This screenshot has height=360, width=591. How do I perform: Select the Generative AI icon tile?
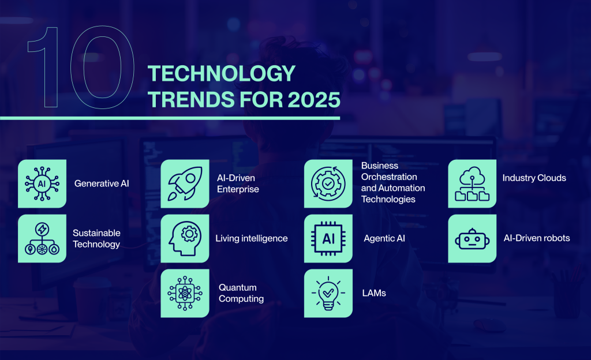point(42,183)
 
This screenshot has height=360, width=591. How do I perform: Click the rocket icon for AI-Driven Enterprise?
point(185,183)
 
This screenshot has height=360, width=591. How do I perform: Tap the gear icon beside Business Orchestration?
point(328,183)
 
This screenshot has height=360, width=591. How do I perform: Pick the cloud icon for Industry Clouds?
point(472,183)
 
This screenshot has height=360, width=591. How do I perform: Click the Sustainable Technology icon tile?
point(42,238)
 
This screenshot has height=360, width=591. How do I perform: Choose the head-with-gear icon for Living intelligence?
point(185,238)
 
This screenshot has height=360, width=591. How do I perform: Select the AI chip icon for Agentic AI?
point(328,238)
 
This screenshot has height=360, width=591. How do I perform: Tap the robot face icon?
point(472,238)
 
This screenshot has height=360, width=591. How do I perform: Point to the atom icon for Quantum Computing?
point(185,293)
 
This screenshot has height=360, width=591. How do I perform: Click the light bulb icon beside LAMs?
point(328,293)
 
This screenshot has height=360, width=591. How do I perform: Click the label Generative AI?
point(102,183)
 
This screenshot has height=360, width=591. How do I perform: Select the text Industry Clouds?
point(534,178)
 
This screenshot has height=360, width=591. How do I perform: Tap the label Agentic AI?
point(384,238)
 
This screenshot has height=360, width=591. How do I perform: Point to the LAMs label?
point(374,293)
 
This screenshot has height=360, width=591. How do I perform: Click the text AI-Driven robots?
point(536,238)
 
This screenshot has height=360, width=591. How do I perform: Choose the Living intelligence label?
point(251,238)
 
